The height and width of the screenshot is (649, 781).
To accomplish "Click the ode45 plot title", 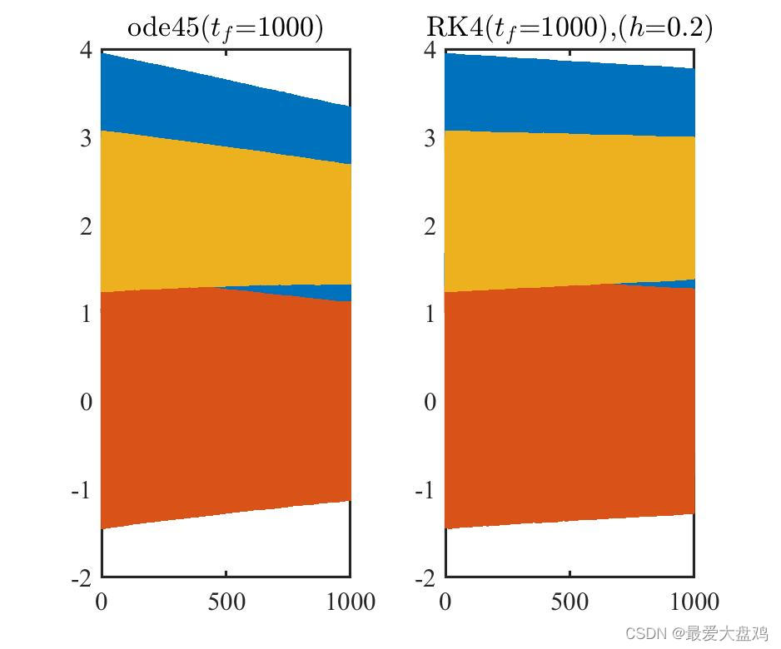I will [225, 27].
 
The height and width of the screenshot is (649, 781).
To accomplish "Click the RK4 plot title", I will [569, 27].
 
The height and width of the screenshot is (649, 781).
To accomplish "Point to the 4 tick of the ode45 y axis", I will [85, 50].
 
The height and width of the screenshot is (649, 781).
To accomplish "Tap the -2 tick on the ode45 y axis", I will [81, 577].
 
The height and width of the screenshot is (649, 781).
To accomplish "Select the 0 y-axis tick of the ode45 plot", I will [85, 402].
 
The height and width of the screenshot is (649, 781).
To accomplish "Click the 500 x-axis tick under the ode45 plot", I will [226, 602].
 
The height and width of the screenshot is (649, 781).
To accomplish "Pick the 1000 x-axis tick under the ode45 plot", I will [350, 602].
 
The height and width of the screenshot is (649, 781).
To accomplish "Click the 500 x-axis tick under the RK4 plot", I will [570, 602].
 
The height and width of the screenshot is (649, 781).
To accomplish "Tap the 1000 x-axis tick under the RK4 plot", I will [694, 602].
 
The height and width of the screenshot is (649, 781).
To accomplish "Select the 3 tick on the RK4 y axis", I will [429, 138].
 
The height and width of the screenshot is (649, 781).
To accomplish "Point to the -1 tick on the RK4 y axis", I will [425, 490].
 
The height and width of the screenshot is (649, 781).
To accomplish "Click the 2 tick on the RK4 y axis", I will [429, 226].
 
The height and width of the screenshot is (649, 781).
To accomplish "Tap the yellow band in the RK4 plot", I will [570, 208].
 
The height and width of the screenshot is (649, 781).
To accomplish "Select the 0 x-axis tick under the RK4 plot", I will [445, 602].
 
